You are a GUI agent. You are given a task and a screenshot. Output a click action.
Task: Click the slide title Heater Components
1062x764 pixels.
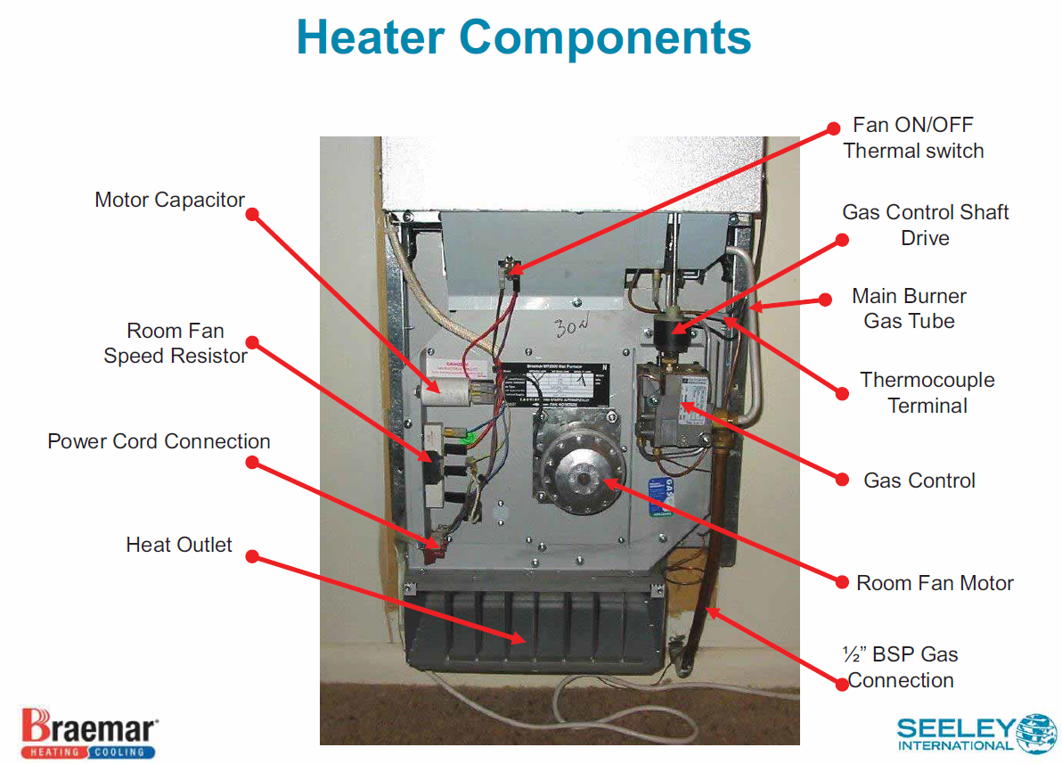click(x=524, y=37)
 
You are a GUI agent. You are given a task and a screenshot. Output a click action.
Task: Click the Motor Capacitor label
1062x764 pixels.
click(x=169, y=200)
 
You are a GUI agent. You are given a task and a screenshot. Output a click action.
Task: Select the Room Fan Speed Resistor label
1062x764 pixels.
click(x=176, y=343)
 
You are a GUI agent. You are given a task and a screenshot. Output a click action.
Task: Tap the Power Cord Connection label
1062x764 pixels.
click(x=159, y=441)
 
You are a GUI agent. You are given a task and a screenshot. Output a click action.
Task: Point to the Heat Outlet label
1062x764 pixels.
click(x=179, y=545)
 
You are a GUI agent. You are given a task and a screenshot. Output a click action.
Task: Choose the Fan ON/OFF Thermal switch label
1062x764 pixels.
click(x=913, y=137)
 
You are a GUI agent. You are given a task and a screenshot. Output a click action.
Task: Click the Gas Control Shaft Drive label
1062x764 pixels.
click(x=925, y=225)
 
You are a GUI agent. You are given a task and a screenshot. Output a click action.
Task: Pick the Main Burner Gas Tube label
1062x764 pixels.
click(x=909, y=308)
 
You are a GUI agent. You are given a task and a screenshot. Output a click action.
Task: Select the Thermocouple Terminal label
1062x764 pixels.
click(x=927, y=392)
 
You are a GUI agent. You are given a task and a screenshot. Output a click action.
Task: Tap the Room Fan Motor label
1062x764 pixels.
click(x=935, y=583)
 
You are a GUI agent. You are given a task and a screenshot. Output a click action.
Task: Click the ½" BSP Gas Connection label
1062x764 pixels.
click(x=900, y=667)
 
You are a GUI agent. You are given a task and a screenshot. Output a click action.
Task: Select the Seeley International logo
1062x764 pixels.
click(x=976, y=734)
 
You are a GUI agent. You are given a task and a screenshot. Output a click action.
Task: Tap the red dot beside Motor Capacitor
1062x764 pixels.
click(x=252, y=214)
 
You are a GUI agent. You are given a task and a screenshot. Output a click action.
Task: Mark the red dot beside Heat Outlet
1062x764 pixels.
click(x=252, y=556)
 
